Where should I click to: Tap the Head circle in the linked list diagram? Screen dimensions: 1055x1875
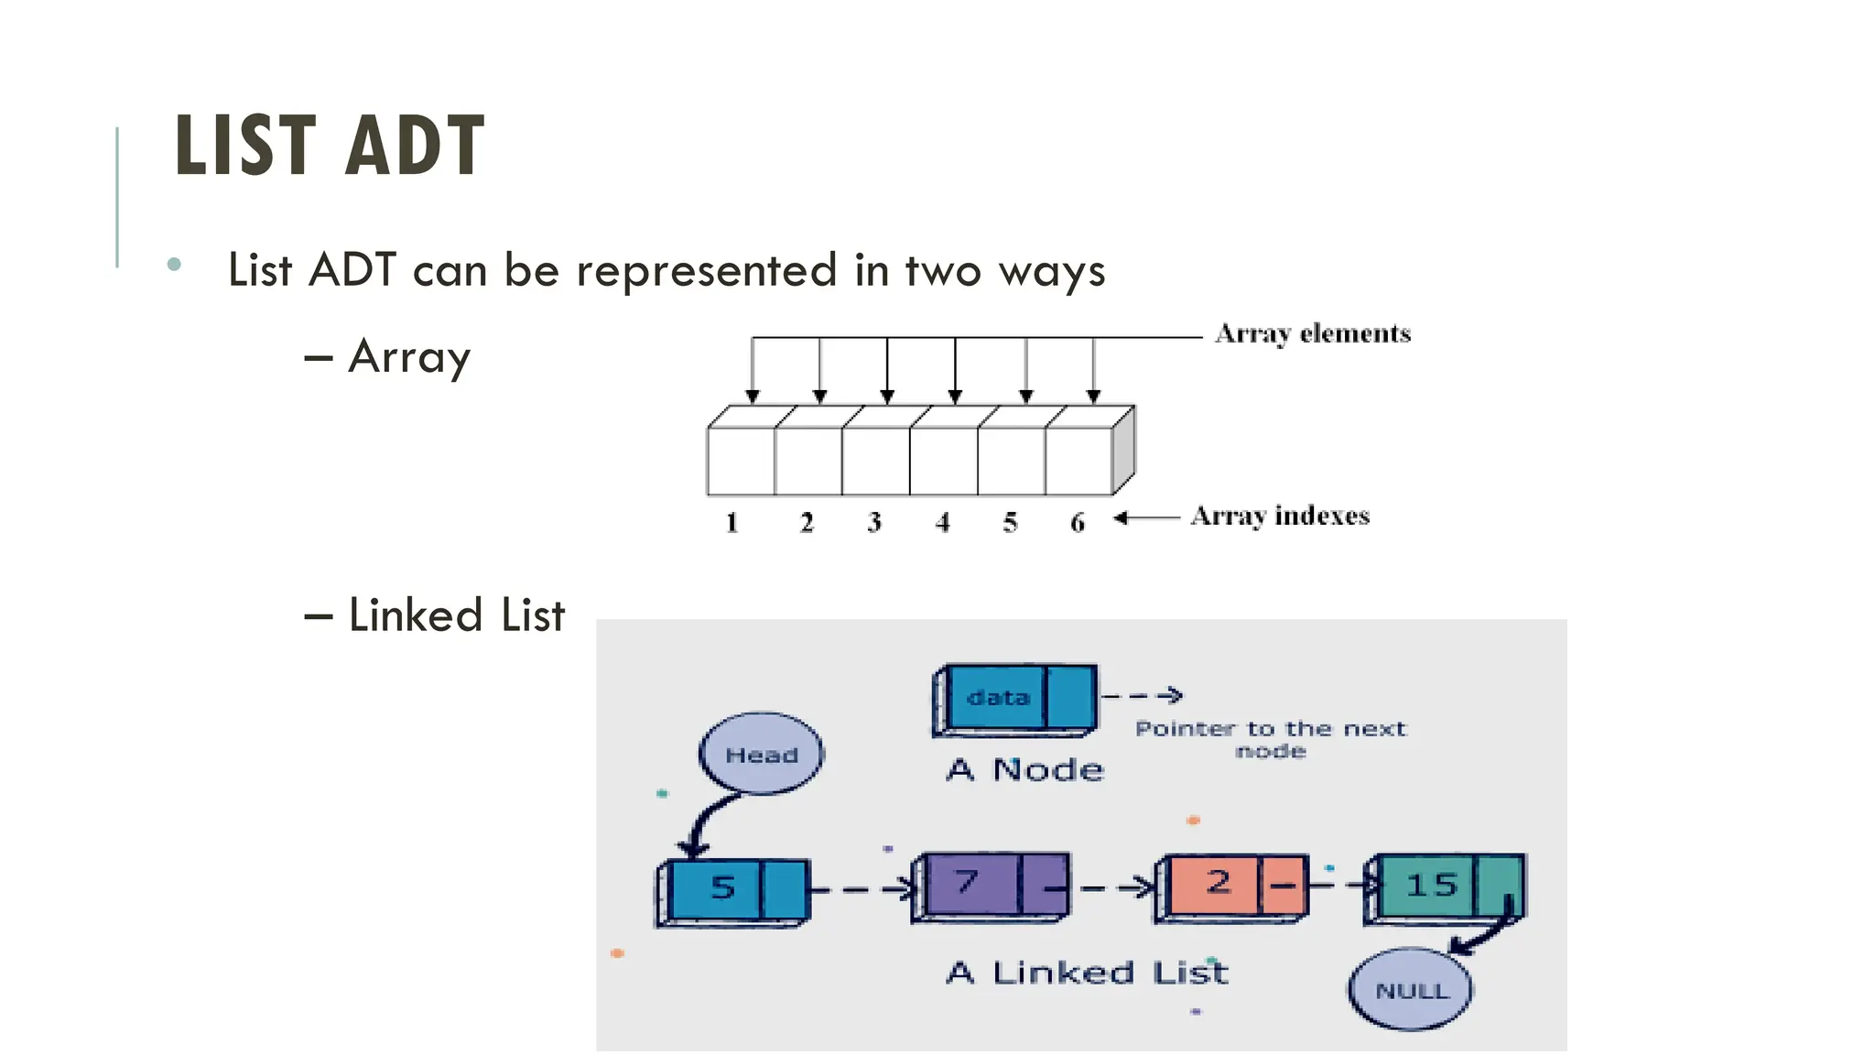pyautogui.click(x=761, y=754)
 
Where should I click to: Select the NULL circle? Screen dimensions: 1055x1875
pyautogui.click(x=1411, y=990)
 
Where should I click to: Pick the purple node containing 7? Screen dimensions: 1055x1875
pyautogui.click(x=990, y=886)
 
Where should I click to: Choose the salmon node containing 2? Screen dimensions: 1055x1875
pyautogui.click(x=1232, y=886)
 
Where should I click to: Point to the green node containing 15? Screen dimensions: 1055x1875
pyautogui.click(x=1444, y=886)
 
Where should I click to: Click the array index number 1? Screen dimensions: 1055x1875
pyautogui.click(x=732, y=523)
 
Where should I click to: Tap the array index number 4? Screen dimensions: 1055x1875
pyautogui.click(x=943, y=523)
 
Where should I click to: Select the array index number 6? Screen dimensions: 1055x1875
pyautogui.click(x=1078, y=523)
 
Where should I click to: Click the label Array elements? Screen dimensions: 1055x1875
pyautogui.click(x=1313, y=333)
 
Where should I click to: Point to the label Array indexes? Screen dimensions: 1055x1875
pyautogui.click(x=1280, y=517)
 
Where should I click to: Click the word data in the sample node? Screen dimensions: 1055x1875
pyautogui.click(x=998, y=698)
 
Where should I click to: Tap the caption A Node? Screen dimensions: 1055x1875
pyautogui.click(x=1025, y=770)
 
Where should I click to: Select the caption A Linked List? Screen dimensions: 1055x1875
pyautogui.click(x=1087, y=973)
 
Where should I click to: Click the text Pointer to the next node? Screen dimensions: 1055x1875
pyautogui.click(x=1270, y=738)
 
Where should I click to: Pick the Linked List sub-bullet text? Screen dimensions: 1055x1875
pyautogui.click(x=456, y=615)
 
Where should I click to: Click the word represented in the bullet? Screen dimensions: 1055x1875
pyautogui.click(x=706, y=271)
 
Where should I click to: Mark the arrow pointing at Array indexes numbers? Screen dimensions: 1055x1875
pyautogui.click(x=1146, y=518)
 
